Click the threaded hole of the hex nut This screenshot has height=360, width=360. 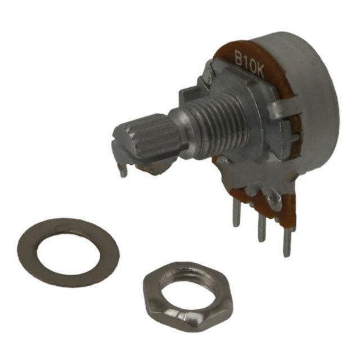coord(186,282)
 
